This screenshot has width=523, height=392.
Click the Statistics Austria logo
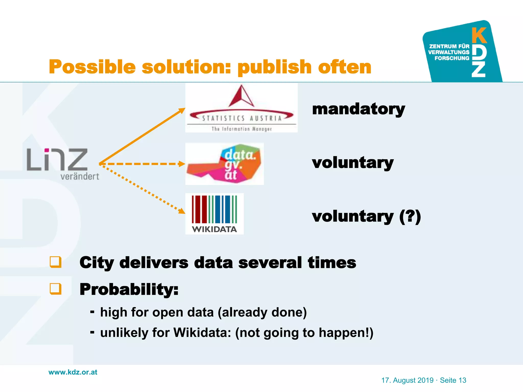pos(241,108)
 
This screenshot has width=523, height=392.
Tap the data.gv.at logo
pos(224,164)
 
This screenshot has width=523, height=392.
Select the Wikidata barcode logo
pos(215,214)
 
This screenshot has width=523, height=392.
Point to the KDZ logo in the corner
pos(462,52)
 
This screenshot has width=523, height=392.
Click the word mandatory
pos(358,109)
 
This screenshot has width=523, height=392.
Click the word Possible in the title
pos(92,67)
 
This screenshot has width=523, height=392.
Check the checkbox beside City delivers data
pos(55,262)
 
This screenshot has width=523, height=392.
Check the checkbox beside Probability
pos(55,289)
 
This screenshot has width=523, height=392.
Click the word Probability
pos(129,289)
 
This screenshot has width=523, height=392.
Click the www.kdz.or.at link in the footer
pos(73,372)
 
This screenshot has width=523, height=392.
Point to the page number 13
pos(462,380)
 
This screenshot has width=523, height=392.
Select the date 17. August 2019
pos(407,380)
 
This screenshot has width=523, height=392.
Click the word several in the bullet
pos(270,263)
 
